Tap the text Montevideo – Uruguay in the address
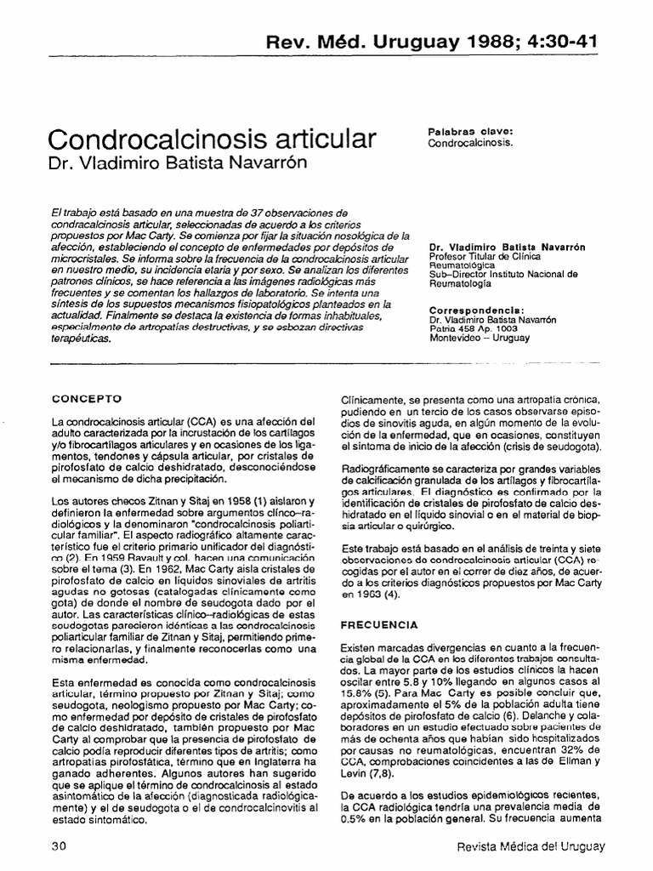pyautogui.click(x=480, y=338)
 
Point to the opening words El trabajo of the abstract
pyautogui.click(x=76, y=211)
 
